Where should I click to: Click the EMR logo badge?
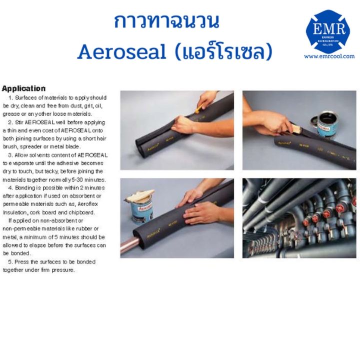328,31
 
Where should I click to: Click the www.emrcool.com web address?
328,56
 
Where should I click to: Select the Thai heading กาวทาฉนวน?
159,22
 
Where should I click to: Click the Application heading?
24,89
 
